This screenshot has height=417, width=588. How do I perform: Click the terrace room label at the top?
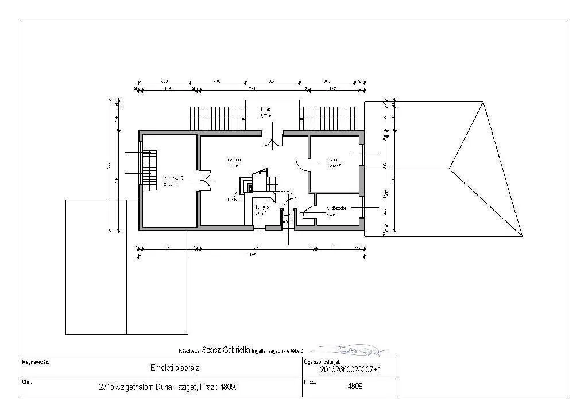(x=265, y=112)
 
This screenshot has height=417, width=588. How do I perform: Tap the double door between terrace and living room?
(x=272, y=139)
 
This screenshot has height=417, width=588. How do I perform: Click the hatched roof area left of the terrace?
(x=217, y=119)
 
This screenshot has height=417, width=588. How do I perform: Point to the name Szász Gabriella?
(x=226, y=349)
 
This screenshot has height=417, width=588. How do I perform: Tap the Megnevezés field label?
(x=36, y=362)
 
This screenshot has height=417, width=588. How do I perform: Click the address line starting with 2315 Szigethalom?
(x=168, y=387)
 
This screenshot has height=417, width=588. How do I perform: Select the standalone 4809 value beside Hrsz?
(x=355, y=386)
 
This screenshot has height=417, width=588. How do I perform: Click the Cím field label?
(x=26, y=381)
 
